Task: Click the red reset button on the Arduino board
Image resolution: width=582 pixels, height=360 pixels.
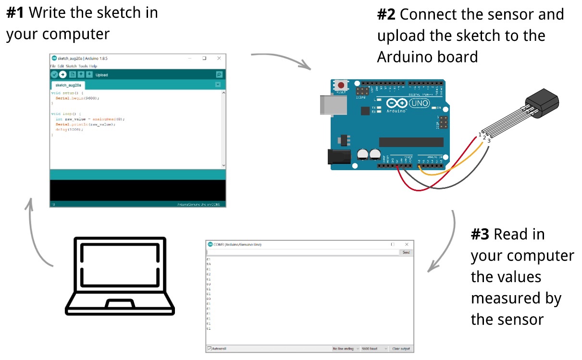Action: tap(341, 85)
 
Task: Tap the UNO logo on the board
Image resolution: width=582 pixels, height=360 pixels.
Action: tap(419, 103)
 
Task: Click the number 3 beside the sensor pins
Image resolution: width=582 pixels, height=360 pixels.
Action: tap(489, 141)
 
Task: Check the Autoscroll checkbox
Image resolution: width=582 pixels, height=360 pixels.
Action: tap(209, 348)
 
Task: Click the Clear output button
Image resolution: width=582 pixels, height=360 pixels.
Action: tap(401, 348)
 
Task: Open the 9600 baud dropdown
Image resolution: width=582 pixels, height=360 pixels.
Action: tap(374, 348)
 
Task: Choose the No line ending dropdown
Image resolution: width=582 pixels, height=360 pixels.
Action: tap(346, 348)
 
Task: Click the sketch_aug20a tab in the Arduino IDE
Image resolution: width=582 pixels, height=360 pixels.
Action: tap(68, 85)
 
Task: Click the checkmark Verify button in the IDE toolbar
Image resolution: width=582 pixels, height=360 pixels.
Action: tap(54, 74)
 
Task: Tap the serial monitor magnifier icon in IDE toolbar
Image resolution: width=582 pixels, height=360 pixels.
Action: tap(219, 74)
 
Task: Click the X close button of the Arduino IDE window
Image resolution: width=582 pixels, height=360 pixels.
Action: tap(219, 58)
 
